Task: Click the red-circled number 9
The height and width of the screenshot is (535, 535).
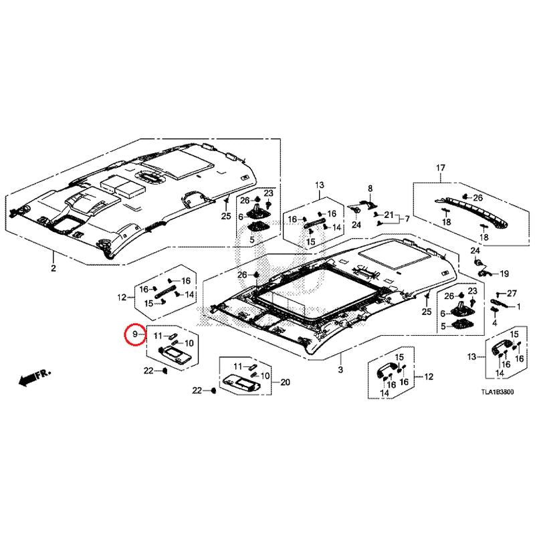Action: click(x=135, y=334)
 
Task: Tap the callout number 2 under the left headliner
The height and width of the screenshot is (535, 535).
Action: click(x=53, y=268)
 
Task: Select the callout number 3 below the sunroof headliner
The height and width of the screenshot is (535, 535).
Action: click(x=340, y=370)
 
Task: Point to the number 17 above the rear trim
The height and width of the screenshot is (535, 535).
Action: click(x=441, y=168)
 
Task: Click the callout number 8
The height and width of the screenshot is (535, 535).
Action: click(x=370, y=189)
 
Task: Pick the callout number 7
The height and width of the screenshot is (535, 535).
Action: click(x=407, y=219)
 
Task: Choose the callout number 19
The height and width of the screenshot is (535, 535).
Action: click(x=504, y=274)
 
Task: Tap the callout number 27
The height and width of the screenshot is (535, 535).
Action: click(x=512, y=294)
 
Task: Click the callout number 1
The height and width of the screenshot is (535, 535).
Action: click(x=519, y=307)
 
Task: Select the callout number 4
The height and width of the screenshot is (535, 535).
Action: click(x=495, y=322)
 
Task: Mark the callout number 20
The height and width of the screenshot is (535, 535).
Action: click(x=285, y=382)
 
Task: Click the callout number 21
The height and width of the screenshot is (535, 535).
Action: click(x=389, y=215)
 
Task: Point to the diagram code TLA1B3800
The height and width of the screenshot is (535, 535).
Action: click(x=497, y=392)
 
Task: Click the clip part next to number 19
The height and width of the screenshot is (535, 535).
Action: click(x=484, y=272)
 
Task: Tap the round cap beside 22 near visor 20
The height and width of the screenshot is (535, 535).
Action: click(x=213, y=391)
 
